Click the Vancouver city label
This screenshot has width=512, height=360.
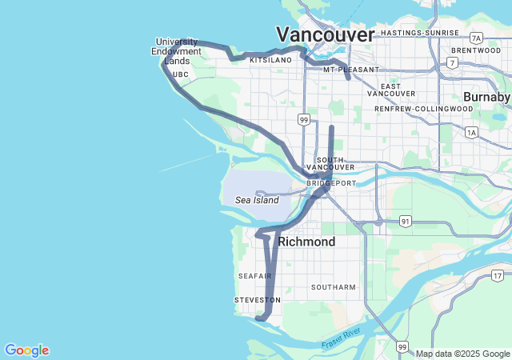coord(325,34)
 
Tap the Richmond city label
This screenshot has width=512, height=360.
coord(306,241)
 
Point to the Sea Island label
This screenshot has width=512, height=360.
coord(257,200)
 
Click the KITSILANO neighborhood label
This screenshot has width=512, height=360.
coord(270,60)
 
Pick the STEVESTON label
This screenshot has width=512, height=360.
coord(258,300)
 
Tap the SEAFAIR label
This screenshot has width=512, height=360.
coord(255,276)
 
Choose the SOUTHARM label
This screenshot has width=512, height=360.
coord(333,286)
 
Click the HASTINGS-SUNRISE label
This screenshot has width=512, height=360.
coord(420,33)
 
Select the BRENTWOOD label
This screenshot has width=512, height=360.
coord(475,50)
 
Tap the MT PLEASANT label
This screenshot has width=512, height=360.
coord(351,70)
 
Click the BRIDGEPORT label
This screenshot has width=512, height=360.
coord(331,183)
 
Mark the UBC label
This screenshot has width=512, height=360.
coord(180,74)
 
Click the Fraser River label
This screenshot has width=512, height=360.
coord(342,338)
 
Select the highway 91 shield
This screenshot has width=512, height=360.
coord(406,221)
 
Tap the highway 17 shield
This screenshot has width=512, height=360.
coord(498,276)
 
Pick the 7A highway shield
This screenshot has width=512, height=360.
coord(477,38)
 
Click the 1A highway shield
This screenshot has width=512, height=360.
coord(471,132)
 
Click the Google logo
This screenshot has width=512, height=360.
coord(26,350)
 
